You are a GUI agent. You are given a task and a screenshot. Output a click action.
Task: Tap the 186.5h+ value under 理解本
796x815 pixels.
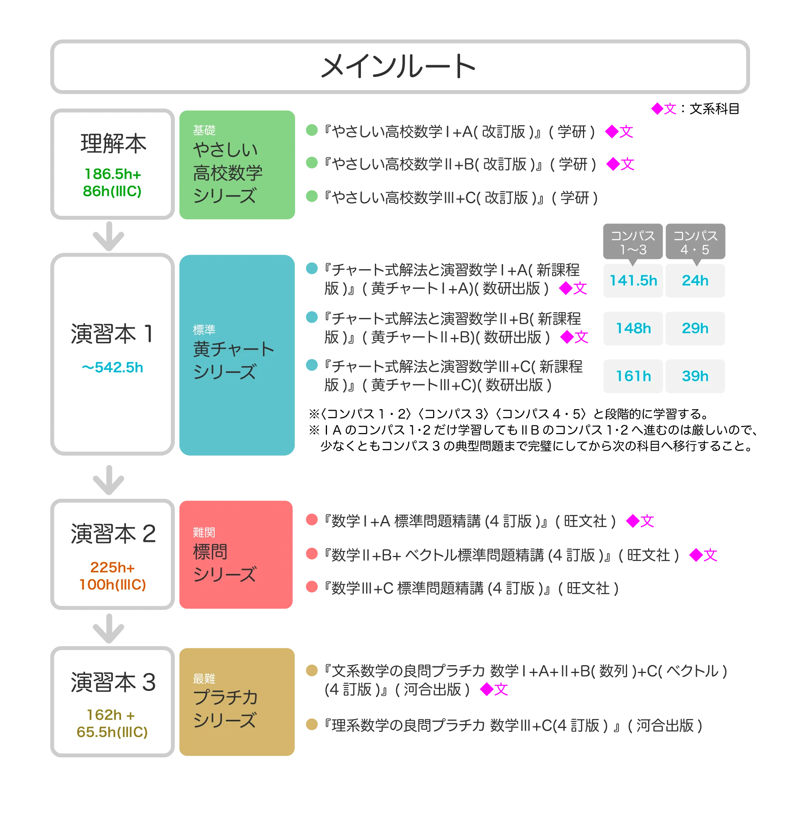click(x=113, y=174)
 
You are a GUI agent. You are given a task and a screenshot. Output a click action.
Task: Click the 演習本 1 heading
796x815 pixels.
click(x=112, y=334)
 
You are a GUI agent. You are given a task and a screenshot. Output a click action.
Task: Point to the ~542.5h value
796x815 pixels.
click(x=112, y=368)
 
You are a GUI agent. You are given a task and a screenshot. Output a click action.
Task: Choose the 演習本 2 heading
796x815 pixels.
click(x=113, y=534)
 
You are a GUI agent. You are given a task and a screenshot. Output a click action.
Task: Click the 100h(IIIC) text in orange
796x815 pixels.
click(x=113, y=584)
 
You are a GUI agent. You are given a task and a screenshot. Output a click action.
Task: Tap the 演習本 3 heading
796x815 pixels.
click(x=113, y=682)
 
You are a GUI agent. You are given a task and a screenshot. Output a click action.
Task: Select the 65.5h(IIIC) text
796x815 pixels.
click(x=112, y=732)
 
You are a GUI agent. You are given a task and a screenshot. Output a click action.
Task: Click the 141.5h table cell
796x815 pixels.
click(x=633, y=281)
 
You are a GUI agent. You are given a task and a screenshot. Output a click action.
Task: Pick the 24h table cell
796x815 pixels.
click(x=695, y=281)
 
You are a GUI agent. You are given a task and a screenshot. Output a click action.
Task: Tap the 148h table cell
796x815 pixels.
click(x=633, y=328)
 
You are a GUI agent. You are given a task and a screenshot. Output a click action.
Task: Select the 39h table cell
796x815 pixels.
click(x=695, y=376)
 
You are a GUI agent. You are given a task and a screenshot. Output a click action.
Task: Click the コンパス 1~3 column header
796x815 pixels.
click(x=633, y=242)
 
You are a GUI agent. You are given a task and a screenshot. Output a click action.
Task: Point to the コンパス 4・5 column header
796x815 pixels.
click(x=695, y=242)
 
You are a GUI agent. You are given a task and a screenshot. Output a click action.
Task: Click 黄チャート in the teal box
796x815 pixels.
click(x=233, y=349)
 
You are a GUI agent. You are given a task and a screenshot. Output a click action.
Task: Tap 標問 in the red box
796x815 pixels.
click(x=210, y=552)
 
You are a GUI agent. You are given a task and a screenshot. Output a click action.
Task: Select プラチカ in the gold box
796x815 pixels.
click(x=226, y=697)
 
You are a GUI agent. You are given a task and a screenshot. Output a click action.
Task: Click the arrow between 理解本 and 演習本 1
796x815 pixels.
click(x=108, y=237)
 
